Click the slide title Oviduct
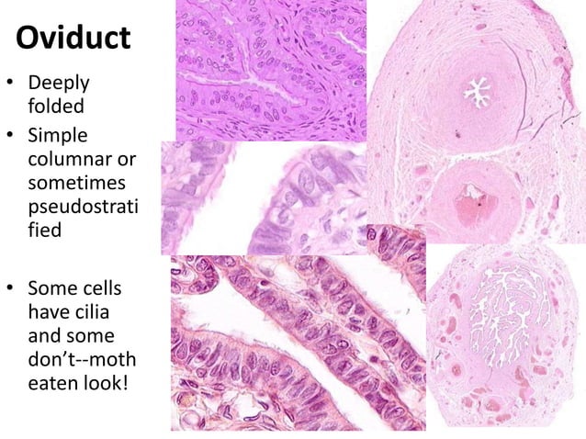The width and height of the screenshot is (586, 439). [74, 39]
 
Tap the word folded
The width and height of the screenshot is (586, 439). [56, 107]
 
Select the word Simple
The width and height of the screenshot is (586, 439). [60, 137]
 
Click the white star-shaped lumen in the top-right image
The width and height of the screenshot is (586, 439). [477, 92]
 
